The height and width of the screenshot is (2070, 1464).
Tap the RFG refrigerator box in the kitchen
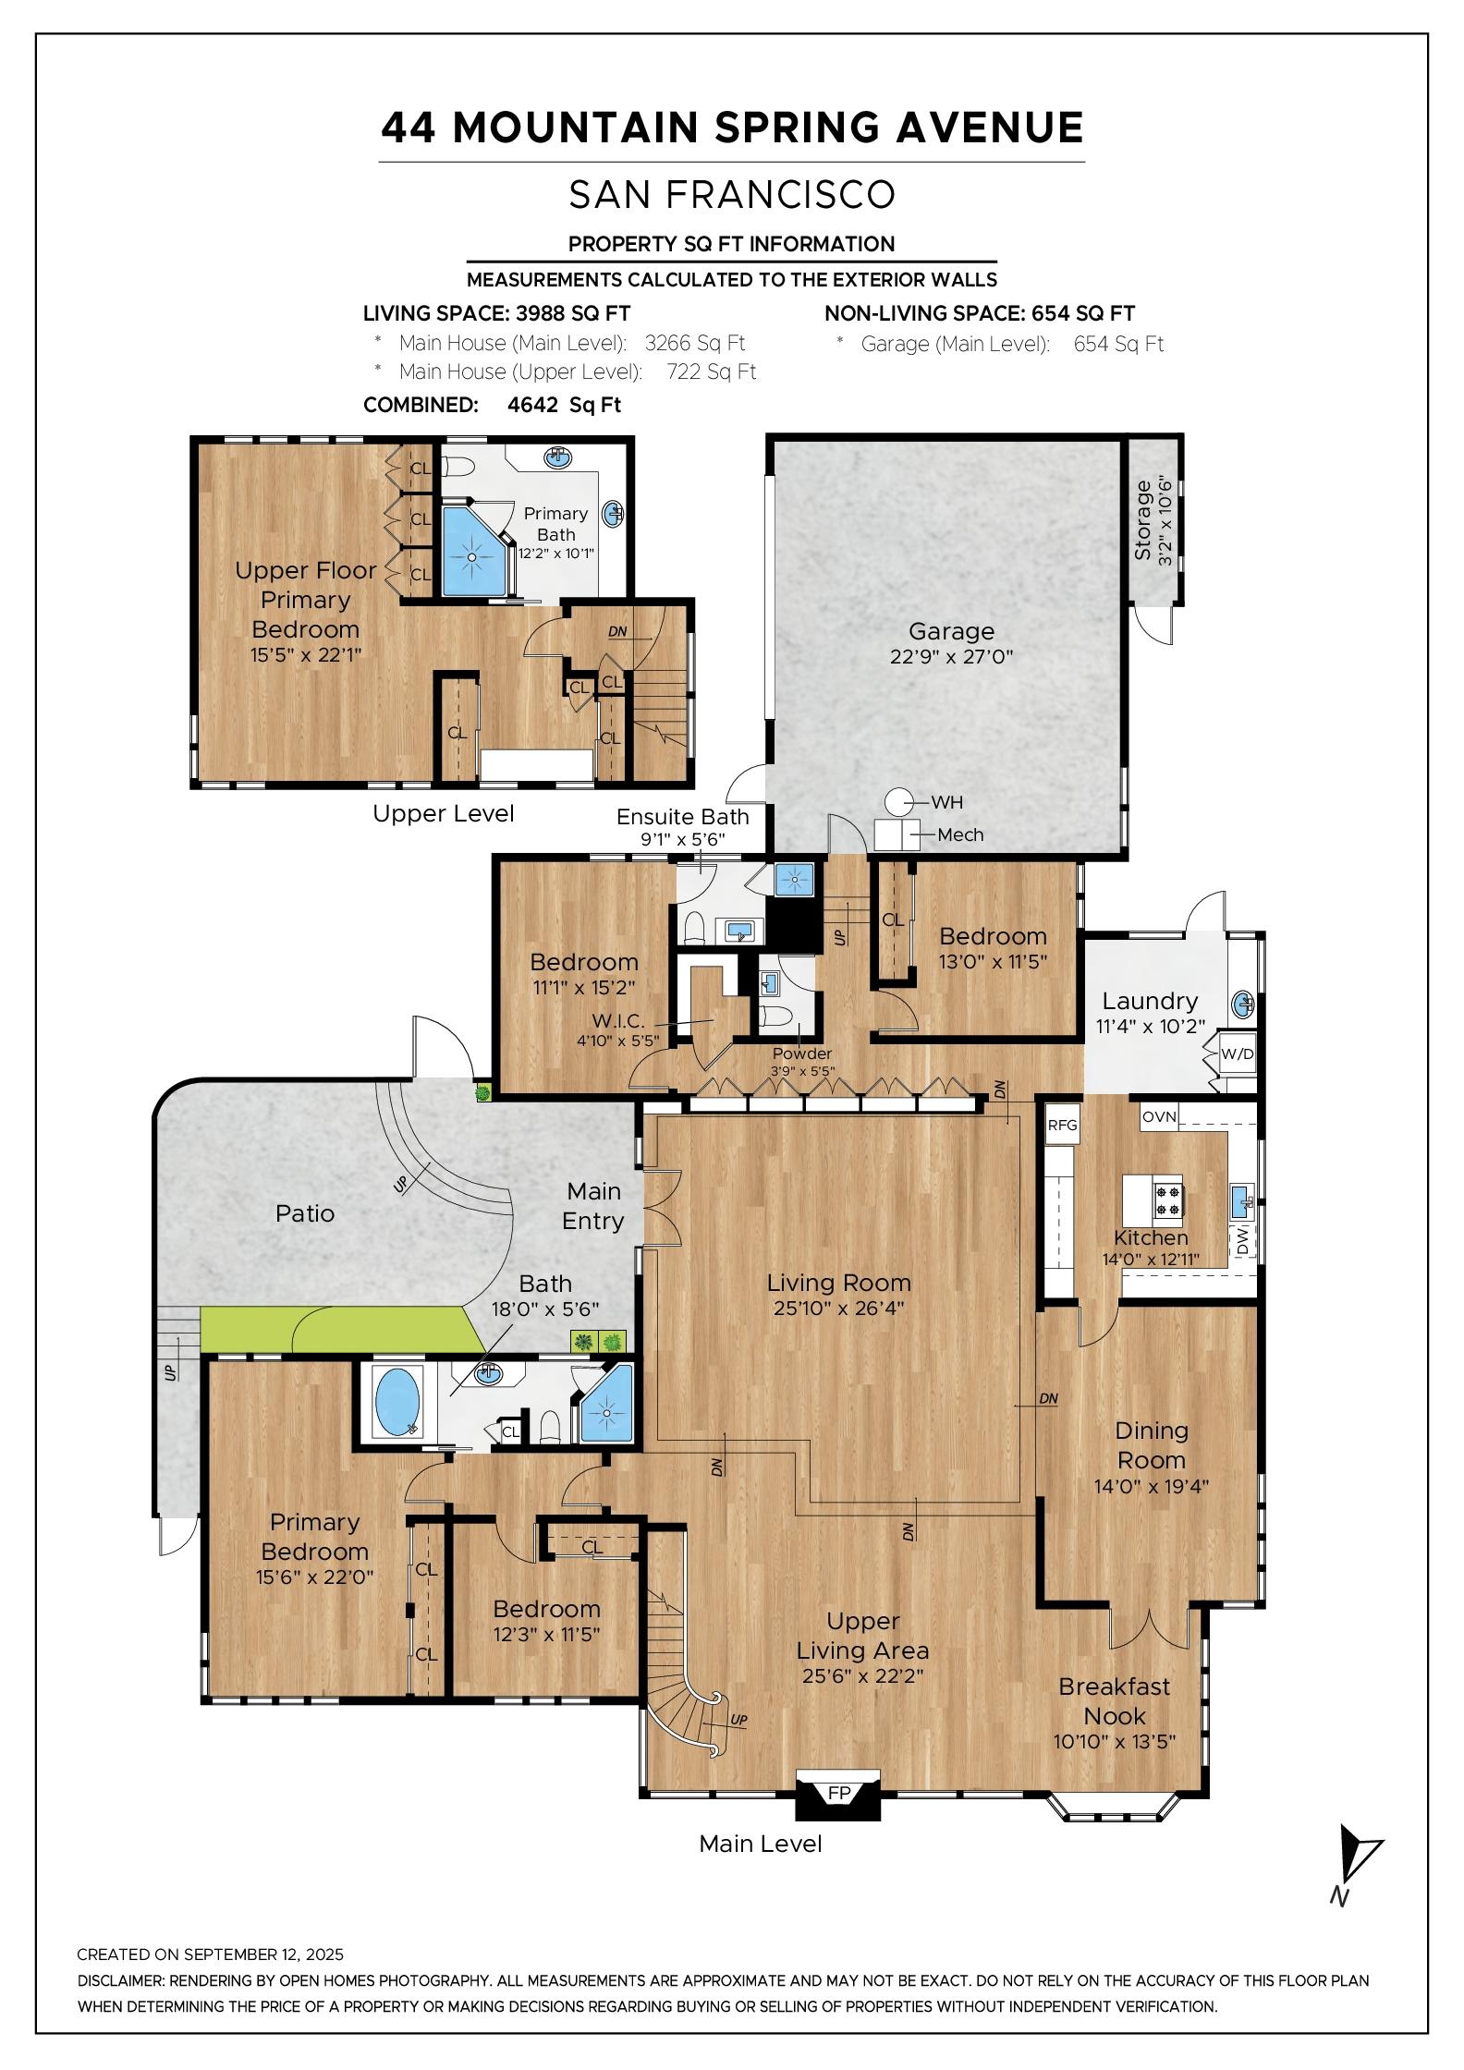pos(1063,1126)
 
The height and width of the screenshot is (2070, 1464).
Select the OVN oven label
pos(1159,1116)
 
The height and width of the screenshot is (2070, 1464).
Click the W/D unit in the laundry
pos(1238,1053)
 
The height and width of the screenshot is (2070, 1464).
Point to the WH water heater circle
pos(898,801)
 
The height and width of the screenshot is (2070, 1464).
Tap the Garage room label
pos(951,631)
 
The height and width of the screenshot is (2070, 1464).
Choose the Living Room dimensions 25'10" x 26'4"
pos(839,1308)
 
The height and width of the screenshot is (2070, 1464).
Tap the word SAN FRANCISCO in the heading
pos(732,194)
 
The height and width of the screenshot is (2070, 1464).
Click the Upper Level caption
pos(444,813)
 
